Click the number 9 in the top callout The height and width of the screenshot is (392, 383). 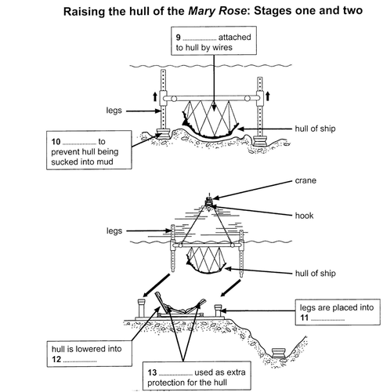click(x=178, y=38)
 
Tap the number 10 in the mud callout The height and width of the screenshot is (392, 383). click(x=56, y=142)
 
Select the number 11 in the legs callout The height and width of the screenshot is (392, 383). click(x=304, y=318)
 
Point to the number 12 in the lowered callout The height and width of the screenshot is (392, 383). click(x=56, y=359)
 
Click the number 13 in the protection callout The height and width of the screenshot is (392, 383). click(x=152, y=372)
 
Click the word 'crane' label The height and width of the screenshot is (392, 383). click(x=305, y=180)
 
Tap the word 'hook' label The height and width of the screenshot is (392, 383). click(x=304, y=216)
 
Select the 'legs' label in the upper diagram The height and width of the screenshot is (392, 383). click(x=114, y=111)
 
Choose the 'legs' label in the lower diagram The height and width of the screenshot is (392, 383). click(x=114, y=231)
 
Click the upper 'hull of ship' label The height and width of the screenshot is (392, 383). click(x=315, y=129)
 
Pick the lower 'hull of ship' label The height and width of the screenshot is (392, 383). click(x=316, y=274)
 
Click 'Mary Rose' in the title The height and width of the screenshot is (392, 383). click(x=217, y=11)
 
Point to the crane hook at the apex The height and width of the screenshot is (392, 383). click(x=209, y=204)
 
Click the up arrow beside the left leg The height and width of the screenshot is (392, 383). click(x=155, y=96)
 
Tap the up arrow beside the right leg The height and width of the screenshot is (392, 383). click(x=267, y=96)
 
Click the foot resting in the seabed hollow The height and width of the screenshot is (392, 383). click(x=279, y=353)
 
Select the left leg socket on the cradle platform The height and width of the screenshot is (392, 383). click(x=142, y=308)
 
